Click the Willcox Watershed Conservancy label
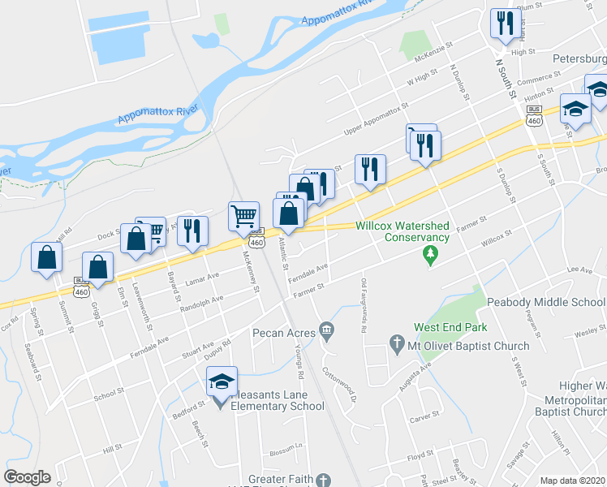[x=402, y=231]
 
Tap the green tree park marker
[x=431, y=256]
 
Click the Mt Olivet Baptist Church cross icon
[x=397, y=345]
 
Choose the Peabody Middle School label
[x=546, y=302]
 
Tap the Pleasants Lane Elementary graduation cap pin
[x=220, y=381]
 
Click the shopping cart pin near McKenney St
[x=244, y=216]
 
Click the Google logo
[x=26, y=476]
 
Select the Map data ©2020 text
[x=572, y=481]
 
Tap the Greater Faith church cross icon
[x=324, y=481]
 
